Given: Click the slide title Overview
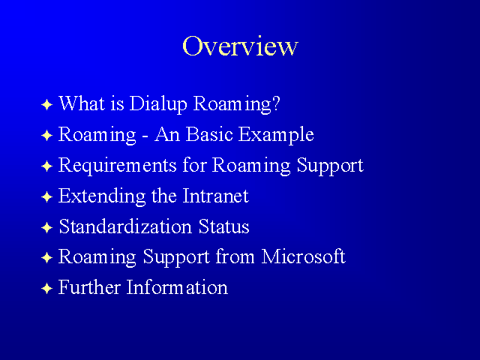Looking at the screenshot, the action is click(240, 46).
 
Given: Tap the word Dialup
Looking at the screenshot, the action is click(158, 104).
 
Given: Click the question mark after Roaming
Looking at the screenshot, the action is click(275, 103).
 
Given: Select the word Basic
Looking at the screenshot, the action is click(209, 134).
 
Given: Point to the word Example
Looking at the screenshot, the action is click(276, 135).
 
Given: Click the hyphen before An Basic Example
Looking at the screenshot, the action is click(145, 136).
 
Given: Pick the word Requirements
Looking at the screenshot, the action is click(117, 166).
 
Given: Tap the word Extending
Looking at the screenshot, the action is click(102, 196).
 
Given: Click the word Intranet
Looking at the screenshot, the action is click(215, 196).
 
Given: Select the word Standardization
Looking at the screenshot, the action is click(125, 226).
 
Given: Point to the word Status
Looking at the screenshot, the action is click(223, 226).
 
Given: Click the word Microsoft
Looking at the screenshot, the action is click(303, 256).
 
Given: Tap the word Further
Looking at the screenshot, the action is click(89, 287).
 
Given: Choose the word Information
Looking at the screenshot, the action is click(177, 287).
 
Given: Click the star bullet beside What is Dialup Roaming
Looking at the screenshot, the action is click(46, 105).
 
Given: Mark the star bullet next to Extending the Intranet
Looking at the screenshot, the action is click(46, 196).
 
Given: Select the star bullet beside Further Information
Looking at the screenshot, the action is click(46, 288).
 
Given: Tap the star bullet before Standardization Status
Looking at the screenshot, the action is click(46, 227).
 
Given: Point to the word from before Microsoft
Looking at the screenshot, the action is click(235, 256).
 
